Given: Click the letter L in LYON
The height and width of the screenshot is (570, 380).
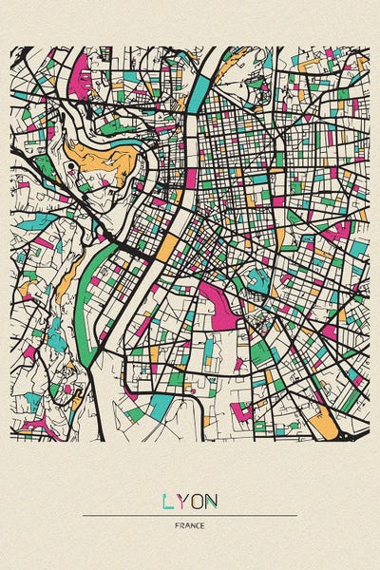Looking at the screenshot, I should [168, 501].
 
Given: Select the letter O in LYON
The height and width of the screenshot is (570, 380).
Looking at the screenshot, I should [197, 501].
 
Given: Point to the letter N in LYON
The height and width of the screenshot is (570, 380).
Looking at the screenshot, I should [211, 501].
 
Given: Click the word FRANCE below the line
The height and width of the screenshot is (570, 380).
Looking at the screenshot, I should [190, 525].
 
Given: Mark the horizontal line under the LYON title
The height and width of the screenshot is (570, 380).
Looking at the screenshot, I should [190, 516].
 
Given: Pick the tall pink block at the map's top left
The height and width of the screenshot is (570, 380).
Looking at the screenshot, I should [80, 74].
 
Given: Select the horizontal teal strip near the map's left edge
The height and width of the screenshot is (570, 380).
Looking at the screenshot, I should [38, 221].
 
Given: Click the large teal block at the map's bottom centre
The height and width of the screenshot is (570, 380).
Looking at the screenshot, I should [162, 407].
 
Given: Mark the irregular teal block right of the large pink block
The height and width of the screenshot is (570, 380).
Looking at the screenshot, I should [256, 279].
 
